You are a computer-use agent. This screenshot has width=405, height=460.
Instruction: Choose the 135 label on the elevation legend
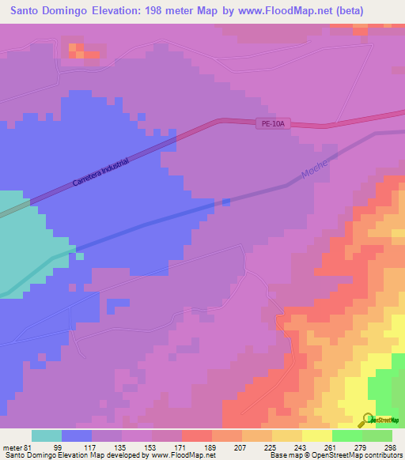(121, 447)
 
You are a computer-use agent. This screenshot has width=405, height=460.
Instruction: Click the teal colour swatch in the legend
(47, 435)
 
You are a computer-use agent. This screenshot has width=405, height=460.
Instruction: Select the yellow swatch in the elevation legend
(317, 435)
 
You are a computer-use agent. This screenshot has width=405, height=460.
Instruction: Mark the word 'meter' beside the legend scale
(12, 447)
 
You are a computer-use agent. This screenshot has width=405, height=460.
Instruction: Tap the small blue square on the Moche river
(226, 202)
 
